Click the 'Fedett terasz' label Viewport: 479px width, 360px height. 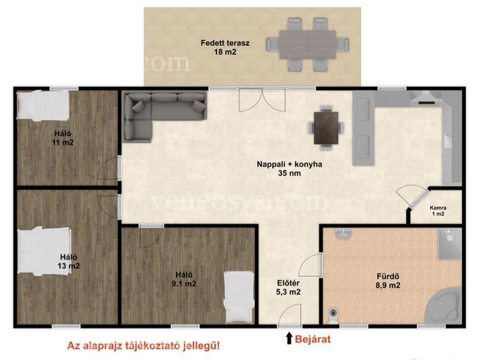[225, 43]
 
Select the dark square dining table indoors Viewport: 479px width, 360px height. [326, 128]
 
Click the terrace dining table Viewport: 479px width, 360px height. [308, 44]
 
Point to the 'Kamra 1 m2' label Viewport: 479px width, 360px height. [438, 211]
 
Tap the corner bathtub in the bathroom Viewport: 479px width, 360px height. [444, 306]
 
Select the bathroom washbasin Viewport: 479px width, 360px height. [343, 233]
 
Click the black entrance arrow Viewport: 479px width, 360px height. [289, 338]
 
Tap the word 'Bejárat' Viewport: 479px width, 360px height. [313, 339]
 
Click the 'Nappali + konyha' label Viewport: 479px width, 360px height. [289, 164]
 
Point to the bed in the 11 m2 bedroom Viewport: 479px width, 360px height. [43, 105]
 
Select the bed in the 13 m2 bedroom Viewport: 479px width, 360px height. [44, 252]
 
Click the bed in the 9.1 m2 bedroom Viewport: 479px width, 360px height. [239, 297]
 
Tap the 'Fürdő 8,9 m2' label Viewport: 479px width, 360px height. [388, 281]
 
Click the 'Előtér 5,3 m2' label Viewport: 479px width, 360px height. [288, 287]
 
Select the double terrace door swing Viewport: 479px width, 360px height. [262, 100]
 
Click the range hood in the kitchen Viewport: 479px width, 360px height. [425, 97]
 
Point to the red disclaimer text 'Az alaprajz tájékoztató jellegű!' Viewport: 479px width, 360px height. [143, 346]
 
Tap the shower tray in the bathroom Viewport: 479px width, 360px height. [450, 243]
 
